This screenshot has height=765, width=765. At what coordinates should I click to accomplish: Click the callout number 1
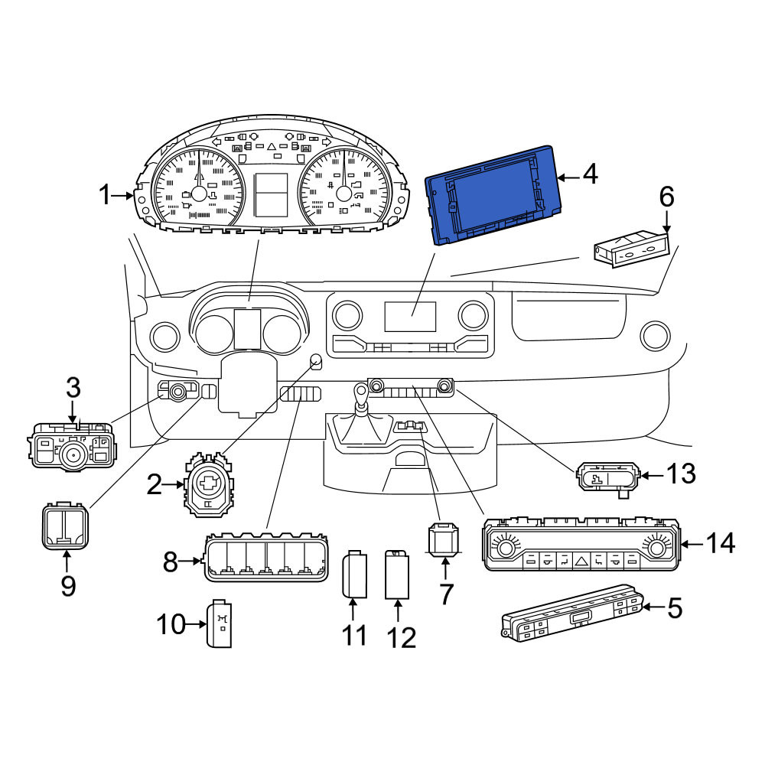[105, 195]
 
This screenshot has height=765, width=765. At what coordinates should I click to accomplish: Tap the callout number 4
[590, 174]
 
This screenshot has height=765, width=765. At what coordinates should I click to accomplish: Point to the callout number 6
[666, 197]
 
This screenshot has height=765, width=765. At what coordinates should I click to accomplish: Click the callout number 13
[681, 474]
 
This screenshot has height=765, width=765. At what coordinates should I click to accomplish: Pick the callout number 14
[720, 543]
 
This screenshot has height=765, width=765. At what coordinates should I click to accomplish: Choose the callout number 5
[674, 608]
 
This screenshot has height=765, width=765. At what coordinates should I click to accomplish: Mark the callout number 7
[446, 594]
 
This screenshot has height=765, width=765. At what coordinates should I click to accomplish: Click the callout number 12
[402, 637]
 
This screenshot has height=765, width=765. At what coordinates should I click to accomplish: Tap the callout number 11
[354, 635]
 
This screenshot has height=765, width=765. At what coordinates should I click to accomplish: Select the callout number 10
[171, 624]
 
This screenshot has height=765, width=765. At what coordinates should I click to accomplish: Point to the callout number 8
[171, 562]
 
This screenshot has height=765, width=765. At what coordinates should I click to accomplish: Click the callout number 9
[68, 585]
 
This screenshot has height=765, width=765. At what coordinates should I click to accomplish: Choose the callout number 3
[73, 388]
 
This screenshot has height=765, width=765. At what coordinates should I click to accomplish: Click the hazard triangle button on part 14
[581, 562]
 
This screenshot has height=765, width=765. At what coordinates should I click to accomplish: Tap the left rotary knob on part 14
[506, 549]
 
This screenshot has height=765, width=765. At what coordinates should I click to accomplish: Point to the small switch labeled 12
[396, 575]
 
